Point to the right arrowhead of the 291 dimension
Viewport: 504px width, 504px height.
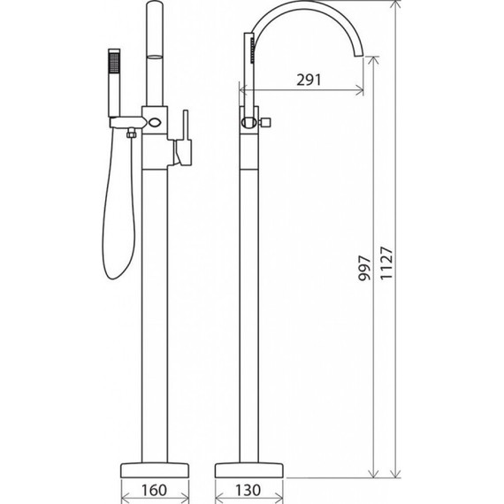point(358,88)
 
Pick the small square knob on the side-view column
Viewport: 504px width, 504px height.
point(264,121)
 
